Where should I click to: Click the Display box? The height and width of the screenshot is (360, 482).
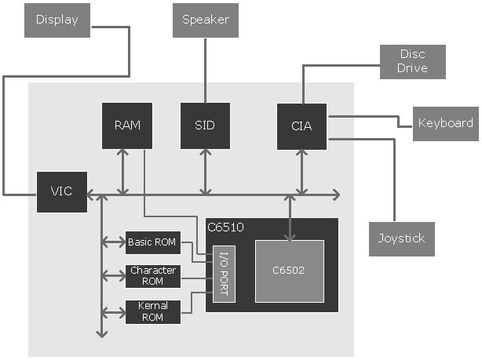57,20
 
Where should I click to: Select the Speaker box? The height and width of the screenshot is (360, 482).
206,20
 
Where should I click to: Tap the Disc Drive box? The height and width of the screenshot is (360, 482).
413,61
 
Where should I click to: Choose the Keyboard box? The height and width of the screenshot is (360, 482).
445,123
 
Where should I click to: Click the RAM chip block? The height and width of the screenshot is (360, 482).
127,125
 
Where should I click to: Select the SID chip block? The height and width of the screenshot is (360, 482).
205,125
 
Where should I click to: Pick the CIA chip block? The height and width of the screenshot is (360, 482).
302,125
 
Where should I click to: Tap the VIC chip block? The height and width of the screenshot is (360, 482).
62,192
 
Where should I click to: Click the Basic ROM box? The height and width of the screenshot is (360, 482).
152,242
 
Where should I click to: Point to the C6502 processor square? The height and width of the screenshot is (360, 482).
289,271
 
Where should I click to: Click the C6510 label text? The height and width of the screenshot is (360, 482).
225,228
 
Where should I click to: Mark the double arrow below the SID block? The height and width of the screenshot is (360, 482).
205,172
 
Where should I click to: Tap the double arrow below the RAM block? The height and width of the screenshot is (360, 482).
122,172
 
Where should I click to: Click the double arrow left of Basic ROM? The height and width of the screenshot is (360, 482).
114,243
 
